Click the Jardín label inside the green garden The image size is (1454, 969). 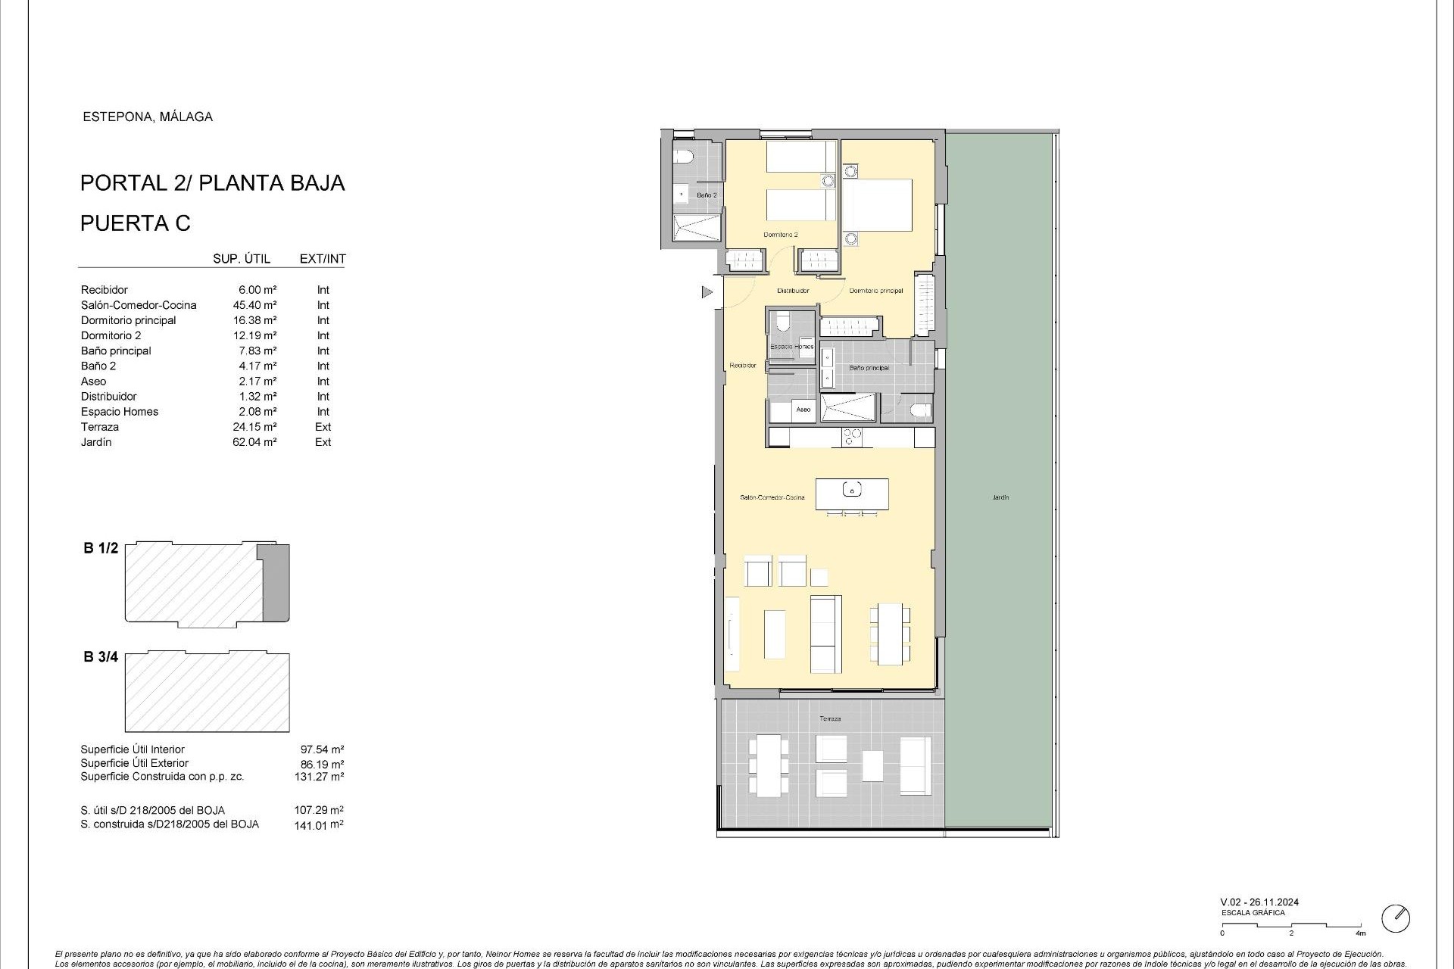(x=1000, y=497)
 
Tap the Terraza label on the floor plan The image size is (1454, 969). (x=829, y=718)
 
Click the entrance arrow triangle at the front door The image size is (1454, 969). (x=707, y=291)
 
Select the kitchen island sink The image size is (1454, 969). (x=852, y=491)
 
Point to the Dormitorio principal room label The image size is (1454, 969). (x=875, y=291)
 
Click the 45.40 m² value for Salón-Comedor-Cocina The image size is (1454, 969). (x=254, y=305)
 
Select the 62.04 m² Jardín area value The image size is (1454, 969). (x=254, y=442)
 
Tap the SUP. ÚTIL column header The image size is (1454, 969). (x=242, y=259)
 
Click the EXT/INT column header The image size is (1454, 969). (x=323, y=259)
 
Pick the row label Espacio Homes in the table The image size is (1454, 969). (x=120, y=412)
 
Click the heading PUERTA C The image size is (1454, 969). (x=136, y=223)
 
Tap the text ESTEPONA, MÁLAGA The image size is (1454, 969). (x=147, y=117)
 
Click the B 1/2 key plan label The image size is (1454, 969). (x=101, y=548)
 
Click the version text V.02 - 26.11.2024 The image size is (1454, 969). (x=1259, y=902)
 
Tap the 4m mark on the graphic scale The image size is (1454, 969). (x=1361, y=933)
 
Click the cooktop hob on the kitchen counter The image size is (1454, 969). (x=852, y=437)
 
